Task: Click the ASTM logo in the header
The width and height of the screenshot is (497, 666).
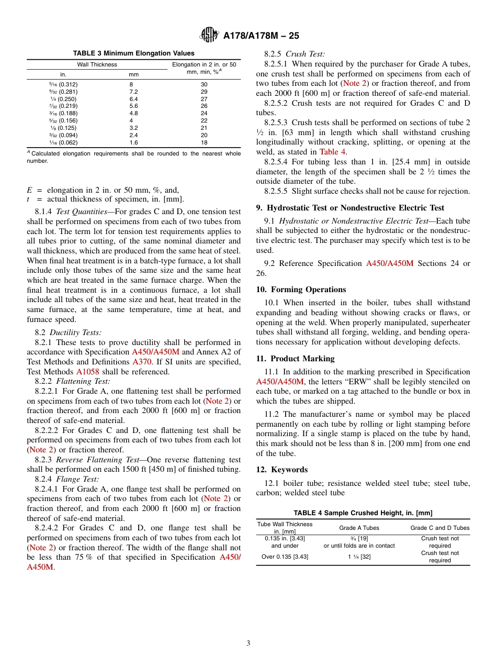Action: point(209,36)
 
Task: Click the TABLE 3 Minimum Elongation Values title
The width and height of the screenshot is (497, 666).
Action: point(133,53)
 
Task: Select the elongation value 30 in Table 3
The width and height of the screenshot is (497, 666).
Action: point(204,84)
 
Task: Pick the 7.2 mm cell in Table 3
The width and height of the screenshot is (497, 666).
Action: point(134,91)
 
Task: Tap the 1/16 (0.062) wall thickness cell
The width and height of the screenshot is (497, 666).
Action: point(63,142)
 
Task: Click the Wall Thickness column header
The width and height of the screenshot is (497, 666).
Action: point(97,64)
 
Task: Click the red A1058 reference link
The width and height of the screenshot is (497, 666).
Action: point(87,372)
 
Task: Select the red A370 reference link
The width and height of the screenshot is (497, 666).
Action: point(142,362)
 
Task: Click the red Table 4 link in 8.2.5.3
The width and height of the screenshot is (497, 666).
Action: point(332,152)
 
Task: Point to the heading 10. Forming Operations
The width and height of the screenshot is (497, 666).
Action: point(301,290)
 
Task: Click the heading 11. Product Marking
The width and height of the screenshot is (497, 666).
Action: point(295,359)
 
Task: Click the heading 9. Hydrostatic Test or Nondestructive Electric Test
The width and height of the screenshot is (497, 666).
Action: point(350,208)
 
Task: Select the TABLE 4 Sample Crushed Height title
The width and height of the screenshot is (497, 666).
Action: point(363,513)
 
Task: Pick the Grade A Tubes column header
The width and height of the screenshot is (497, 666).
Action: point(359,528)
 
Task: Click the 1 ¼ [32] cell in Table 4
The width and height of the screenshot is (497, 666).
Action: point(359,557)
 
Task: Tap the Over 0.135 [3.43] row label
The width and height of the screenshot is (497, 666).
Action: point(285,557)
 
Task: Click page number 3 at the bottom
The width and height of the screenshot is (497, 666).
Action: point(249,643)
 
